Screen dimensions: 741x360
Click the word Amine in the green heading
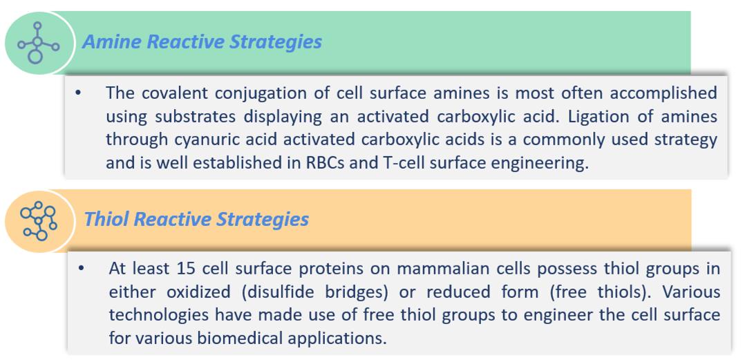pyautogui.click(x=111, y=41)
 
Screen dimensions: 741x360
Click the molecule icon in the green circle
pyautogui.click(x=38, y=43)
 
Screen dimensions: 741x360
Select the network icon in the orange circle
pyautogui.click(x=39, y=220)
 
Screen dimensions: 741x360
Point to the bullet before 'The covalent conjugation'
pyautogui.click(x=78, y=93)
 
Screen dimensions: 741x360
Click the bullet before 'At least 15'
pyautogui.click(x=81, y=269)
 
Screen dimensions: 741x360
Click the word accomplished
pyautogui.click(x=663, y=93)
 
